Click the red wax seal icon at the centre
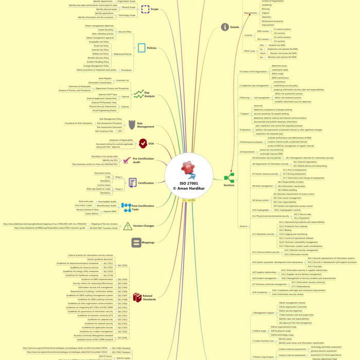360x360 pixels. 187,170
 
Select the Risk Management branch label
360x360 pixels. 146,124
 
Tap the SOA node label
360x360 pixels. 151,144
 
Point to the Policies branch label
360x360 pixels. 152,48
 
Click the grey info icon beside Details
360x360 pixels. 225,27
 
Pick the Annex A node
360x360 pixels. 244,226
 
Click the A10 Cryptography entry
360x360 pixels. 260,210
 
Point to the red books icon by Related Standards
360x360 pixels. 136,297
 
